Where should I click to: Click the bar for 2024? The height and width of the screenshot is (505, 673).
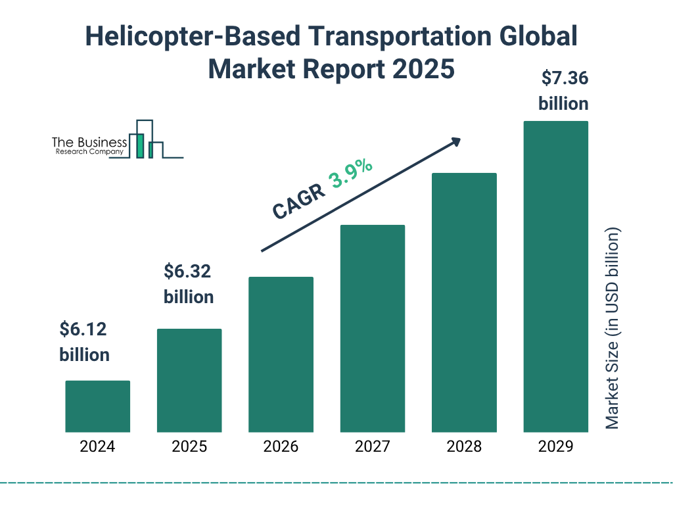click(x=97, y=406)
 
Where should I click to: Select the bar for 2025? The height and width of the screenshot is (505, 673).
click(x=189, y=380)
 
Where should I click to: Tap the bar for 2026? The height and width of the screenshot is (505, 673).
click(x=281, y=354)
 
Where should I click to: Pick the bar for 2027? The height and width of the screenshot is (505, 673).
click(x=372, y=328)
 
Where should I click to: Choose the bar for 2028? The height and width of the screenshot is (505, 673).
click(x=464, y=302)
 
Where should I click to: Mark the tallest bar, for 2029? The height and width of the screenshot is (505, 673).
click(x=555, y=276)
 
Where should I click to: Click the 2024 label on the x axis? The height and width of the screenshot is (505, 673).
click(x=97, y=447)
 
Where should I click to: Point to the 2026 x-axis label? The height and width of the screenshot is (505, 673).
click(x=281, y=447)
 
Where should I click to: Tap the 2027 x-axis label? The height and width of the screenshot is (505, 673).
click(x=372, y=447)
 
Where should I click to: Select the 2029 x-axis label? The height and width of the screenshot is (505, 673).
click(x=555, y=447)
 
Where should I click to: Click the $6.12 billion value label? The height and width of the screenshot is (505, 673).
click(x=84, y=342)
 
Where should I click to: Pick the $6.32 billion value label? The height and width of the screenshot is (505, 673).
click(x=189, y=284)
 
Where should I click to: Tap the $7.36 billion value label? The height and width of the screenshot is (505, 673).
click(x=563, y=91)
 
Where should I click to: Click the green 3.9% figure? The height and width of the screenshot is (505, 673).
click(x=351, y=174)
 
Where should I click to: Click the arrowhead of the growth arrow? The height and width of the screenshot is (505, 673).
click(x=455, y=142)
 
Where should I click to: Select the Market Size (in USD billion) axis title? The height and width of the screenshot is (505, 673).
click(x=613, y=329)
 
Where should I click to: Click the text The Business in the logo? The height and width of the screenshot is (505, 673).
click(x=89, y=143)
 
